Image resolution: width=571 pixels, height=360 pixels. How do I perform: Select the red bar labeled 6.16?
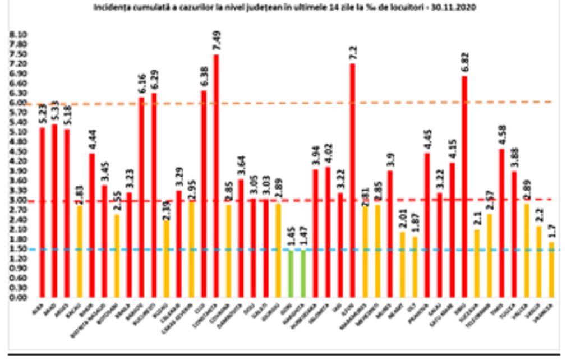tap(141, 197)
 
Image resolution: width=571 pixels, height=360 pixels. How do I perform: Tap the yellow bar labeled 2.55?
tap(117, 256)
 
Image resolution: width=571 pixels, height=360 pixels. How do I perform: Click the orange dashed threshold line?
tap(393, 102)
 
